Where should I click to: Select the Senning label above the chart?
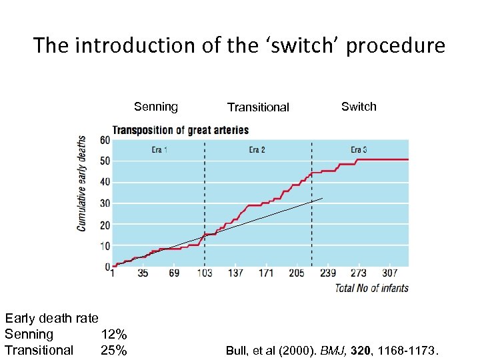click(156, 107)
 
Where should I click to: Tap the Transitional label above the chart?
click(258, 107)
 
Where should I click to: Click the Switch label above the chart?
click(359, 107)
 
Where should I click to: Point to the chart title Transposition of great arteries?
click(181, 130)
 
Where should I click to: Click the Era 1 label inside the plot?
click(159, 150)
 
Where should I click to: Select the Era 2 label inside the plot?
click(257, 150)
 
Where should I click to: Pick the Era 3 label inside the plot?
click(359, 150)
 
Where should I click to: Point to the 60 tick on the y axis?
click(105, 140)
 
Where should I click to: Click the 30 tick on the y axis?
click(105, 203)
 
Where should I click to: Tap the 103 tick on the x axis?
click(204, 273)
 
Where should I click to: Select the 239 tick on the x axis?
click(327, 273)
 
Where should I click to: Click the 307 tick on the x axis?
click(391, 273)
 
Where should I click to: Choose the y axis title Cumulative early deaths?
click(82, 183)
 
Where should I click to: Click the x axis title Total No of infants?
click(371, 288)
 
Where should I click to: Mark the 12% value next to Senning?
click(114, 335)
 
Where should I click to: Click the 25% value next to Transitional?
click(114, 350)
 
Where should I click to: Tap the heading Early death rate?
click(51, 319)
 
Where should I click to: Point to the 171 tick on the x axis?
click(265, 273)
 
